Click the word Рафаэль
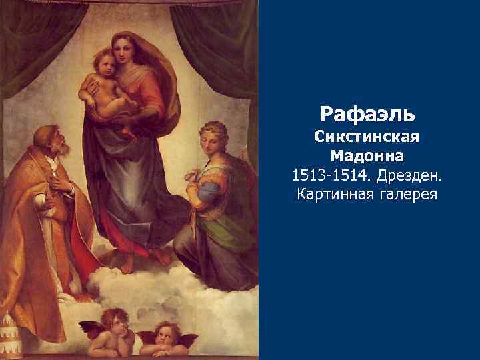(367, 113)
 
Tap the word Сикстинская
(367, 138)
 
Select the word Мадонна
(367, 157)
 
